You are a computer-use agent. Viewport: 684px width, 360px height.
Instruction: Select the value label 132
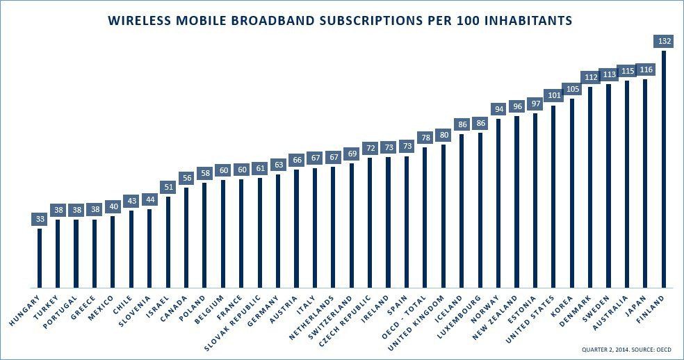664,42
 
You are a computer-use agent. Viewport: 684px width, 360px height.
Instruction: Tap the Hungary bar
40,258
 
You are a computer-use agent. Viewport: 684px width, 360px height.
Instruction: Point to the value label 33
40,220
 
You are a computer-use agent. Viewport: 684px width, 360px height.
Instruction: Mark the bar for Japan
645,183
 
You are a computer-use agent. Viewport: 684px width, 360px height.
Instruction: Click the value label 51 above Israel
168,188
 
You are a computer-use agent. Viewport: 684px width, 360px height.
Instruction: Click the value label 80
443,135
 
